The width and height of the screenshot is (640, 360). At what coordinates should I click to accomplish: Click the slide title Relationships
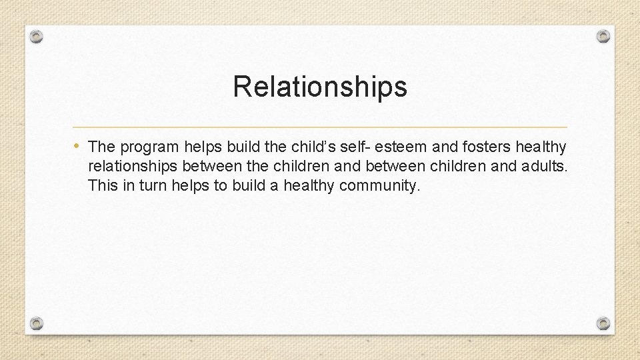click(x=320, y=87)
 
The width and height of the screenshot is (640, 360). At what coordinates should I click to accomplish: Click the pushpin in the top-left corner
click(x=37, y=35)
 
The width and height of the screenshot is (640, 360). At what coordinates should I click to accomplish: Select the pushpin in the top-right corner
click(x=603, y=35)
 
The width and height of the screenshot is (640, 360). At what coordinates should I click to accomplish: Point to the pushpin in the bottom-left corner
click(x=37, y=323)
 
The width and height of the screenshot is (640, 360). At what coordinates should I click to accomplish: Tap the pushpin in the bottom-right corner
click(x=603, y=323)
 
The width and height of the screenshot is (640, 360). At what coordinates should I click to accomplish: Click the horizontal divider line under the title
click(x=320, y=127)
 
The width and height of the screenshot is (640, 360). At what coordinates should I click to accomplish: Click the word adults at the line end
click(x=544, y=165)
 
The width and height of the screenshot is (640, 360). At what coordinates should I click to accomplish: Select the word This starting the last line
click(x=102, y=185)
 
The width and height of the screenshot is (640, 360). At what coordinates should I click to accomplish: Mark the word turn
click(x=153, y=185)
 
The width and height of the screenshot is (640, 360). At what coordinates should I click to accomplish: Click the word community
click(x=380, y=186)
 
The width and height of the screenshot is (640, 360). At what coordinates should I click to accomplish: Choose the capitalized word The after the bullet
click(x=102, y=146)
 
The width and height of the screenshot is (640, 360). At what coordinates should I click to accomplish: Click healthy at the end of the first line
click(x=541, y=146)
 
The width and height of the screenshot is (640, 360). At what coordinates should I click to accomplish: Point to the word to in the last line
click(x=220, y=185)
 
